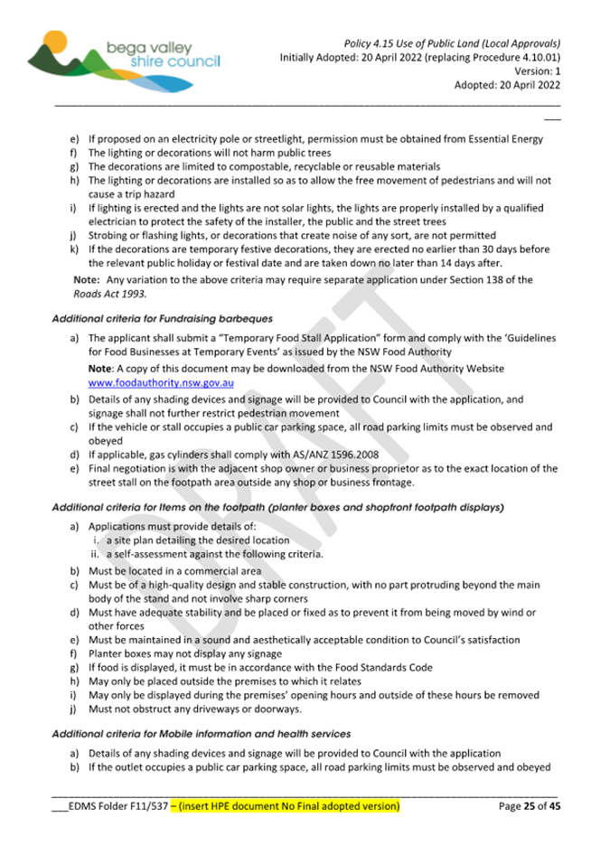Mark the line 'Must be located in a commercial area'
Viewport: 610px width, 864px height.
[174, 571]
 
